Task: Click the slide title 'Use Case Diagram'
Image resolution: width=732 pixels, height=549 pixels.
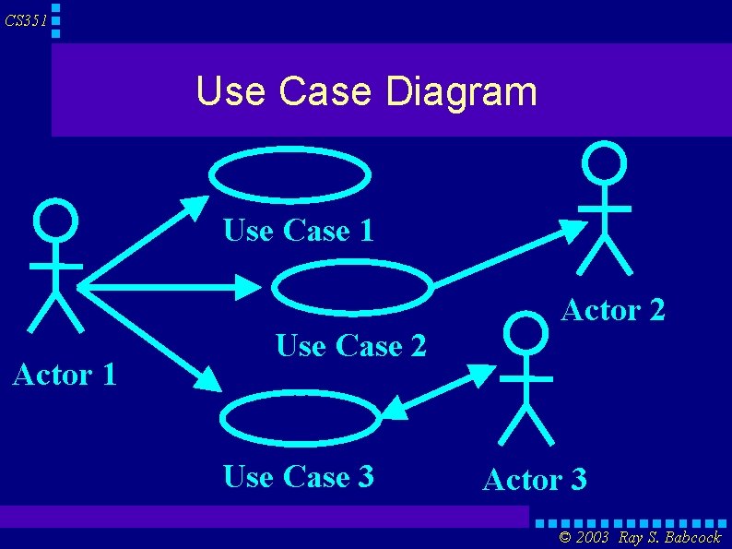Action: click(366, 91)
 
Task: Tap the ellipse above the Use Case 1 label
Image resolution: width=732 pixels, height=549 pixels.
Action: click(289, 173)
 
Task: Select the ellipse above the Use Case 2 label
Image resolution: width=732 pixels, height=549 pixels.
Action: click(351, 286)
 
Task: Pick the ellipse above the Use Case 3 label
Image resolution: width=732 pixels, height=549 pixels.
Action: click(300, 418)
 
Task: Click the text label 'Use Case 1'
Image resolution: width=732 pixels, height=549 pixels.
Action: click(299, 230)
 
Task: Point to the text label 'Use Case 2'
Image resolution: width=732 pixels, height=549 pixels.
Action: click(351, 346)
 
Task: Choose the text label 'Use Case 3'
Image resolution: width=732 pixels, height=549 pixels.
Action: click(299, 476)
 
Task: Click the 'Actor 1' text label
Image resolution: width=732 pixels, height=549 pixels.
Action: click(64, 375)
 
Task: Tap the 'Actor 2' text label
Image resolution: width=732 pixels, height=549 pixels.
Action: click(613, 310)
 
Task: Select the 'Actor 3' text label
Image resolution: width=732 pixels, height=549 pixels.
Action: click(535, 480)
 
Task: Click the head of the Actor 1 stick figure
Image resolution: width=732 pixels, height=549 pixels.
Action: click(55, 222)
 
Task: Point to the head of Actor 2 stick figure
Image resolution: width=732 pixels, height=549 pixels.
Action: click(605, 164)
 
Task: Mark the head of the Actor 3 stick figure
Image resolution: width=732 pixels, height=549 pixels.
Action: click(527, 333)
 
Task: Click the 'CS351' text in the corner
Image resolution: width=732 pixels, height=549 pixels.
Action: click(25, 20)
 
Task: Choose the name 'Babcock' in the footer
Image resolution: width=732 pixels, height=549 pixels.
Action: click(691, 538)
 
